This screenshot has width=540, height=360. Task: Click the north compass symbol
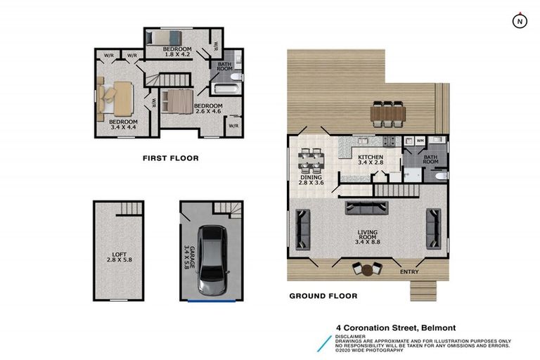[519, 21]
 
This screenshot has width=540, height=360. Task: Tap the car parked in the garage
[212, 260]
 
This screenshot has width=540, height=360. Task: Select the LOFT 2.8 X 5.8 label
[118, 257]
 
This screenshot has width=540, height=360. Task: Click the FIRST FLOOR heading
[170, 158]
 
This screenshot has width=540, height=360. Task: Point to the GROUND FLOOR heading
[323, 296]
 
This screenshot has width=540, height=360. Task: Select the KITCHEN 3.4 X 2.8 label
[371, 160]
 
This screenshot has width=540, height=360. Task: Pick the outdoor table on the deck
[387, 113]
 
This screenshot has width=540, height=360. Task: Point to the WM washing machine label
[420, 141]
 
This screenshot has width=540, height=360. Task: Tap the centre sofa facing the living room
[366, 207]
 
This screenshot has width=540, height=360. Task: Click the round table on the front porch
[366, 268]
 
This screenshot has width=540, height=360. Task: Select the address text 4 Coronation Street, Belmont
[395, 328]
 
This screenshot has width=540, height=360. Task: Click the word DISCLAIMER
[349, 337]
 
